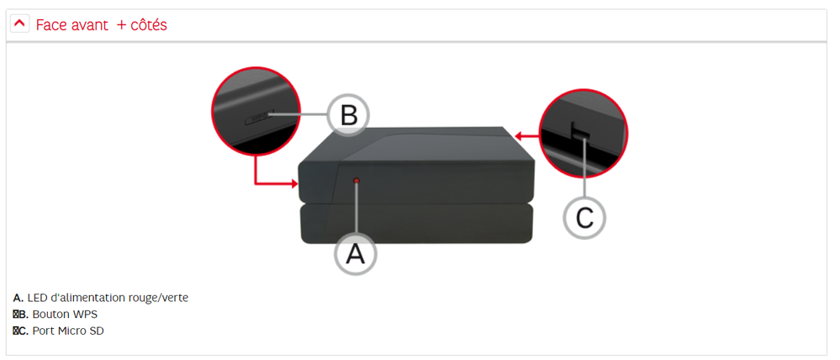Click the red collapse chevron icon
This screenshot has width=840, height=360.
(x=20, y=24)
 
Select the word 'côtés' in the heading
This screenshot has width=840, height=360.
(x=148, y=25)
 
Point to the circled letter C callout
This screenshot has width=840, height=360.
(x=584, y=217)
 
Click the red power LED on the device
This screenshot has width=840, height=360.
(x=357, y=180)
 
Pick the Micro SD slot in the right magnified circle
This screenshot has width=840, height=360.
(x=579, y=131)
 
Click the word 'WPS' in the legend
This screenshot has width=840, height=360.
(x=86, y=314)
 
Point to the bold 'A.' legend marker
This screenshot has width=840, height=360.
(x=18, y=298)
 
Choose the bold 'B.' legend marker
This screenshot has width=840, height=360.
(x=23, y=314)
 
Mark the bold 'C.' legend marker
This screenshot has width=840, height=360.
(x=23, y=331)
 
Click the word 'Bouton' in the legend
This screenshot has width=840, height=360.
(x=51, y=314)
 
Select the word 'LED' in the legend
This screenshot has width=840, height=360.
(x=38, y=298)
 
